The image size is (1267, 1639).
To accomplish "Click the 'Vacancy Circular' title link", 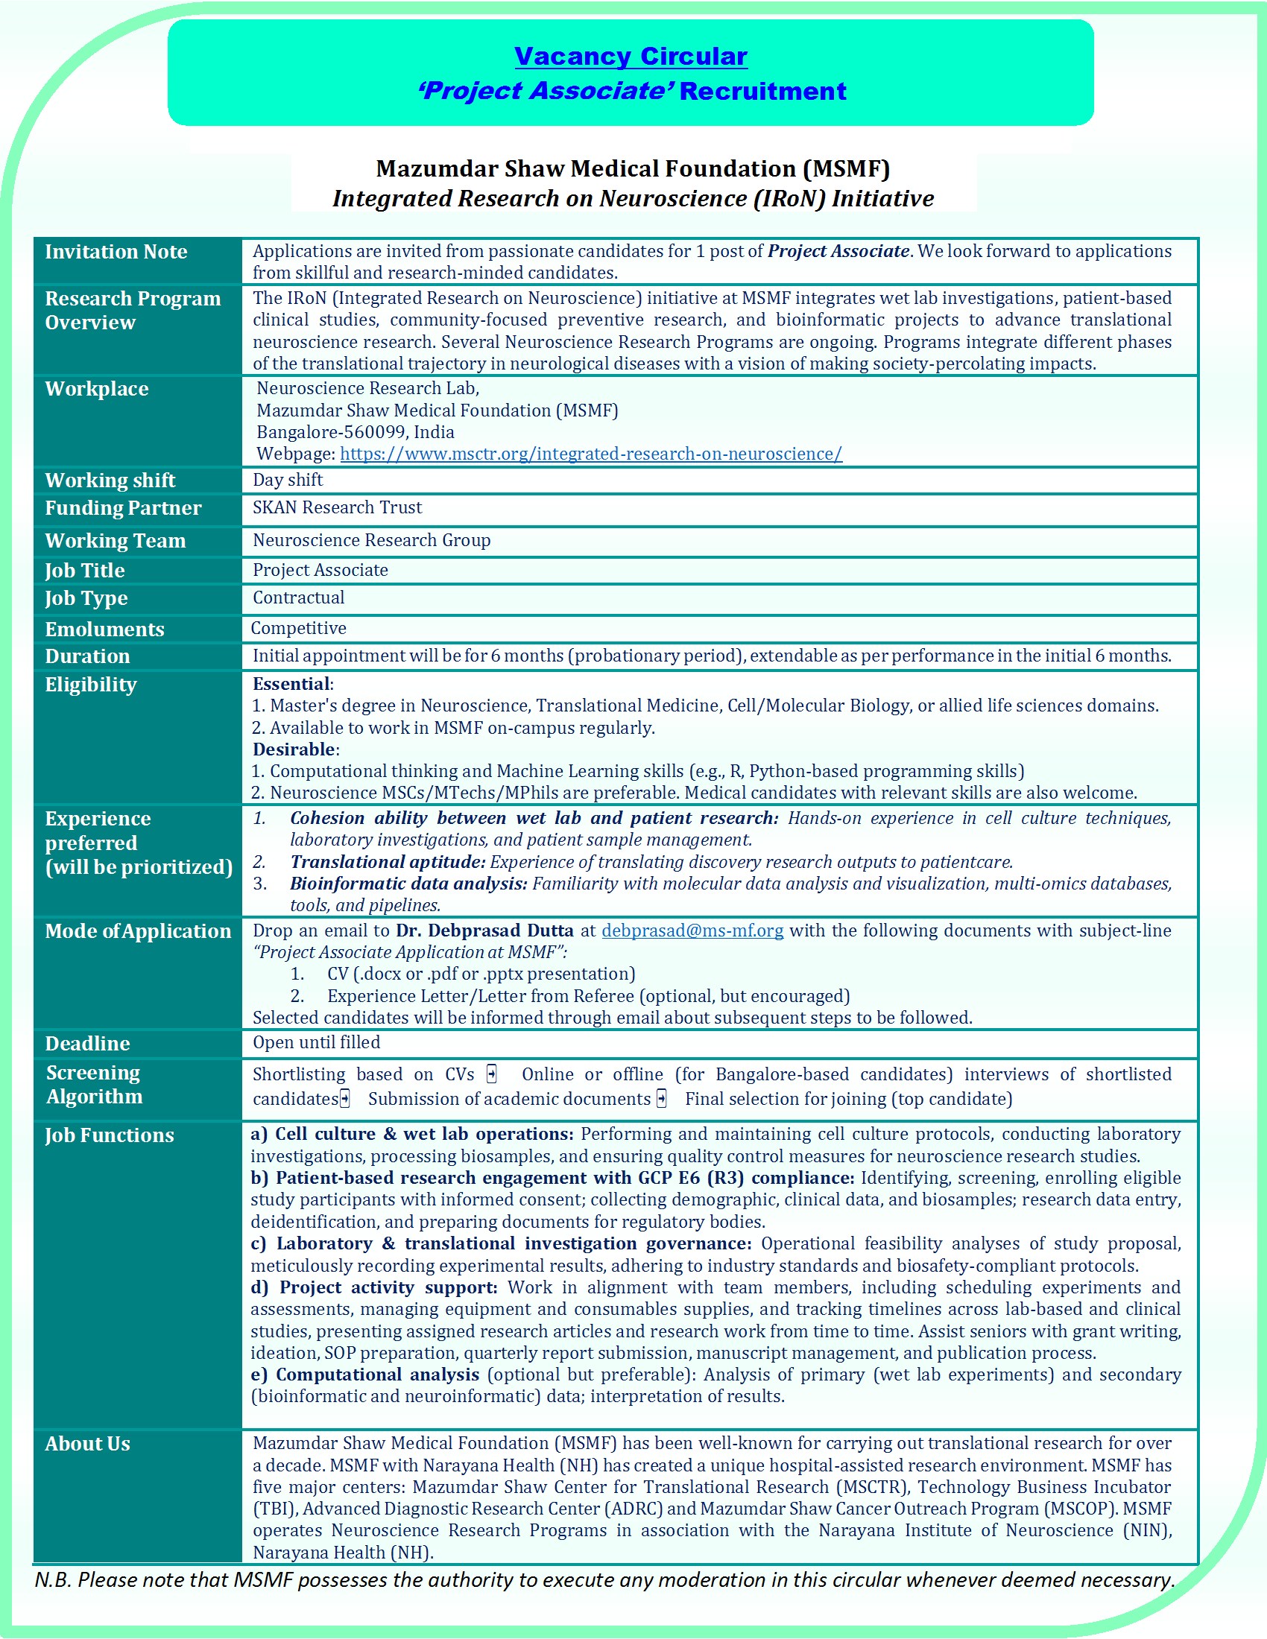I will point(631,57).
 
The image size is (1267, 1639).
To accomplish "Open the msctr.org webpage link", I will point(591,454).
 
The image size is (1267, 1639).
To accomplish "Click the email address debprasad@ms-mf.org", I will point(692,931).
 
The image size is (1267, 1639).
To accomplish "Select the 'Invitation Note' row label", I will point(116,252).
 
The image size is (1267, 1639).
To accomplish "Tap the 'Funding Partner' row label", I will point(123,508).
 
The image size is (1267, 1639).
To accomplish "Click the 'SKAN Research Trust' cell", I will point(337,507).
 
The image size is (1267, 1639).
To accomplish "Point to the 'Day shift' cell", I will point(288,480).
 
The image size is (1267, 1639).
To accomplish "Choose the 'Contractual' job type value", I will point(299,597).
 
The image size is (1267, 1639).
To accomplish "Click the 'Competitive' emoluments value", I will point(299,628).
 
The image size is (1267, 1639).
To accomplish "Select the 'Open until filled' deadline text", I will point(317,1042).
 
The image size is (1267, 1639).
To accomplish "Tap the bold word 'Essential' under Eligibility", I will point(291,684).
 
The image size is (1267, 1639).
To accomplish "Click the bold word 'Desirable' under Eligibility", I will point(294,749).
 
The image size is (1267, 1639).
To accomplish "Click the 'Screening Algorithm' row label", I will point(94,1085).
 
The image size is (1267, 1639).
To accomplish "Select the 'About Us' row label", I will point(88,1443).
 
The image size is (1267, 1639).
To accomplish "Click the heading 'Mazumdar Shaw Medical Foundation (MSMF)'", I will point(633,168).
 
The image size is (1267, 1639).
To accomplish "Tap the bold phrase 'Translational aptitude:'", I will point(388,861).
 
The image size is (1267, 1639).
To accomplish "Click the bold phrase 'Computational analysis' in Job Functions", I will point(378,1374).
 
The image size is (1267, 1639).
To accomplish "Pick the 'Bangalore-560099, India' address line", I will point(355,432).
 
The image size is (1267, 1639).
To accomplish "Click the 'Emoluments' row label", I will point(104,629).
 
